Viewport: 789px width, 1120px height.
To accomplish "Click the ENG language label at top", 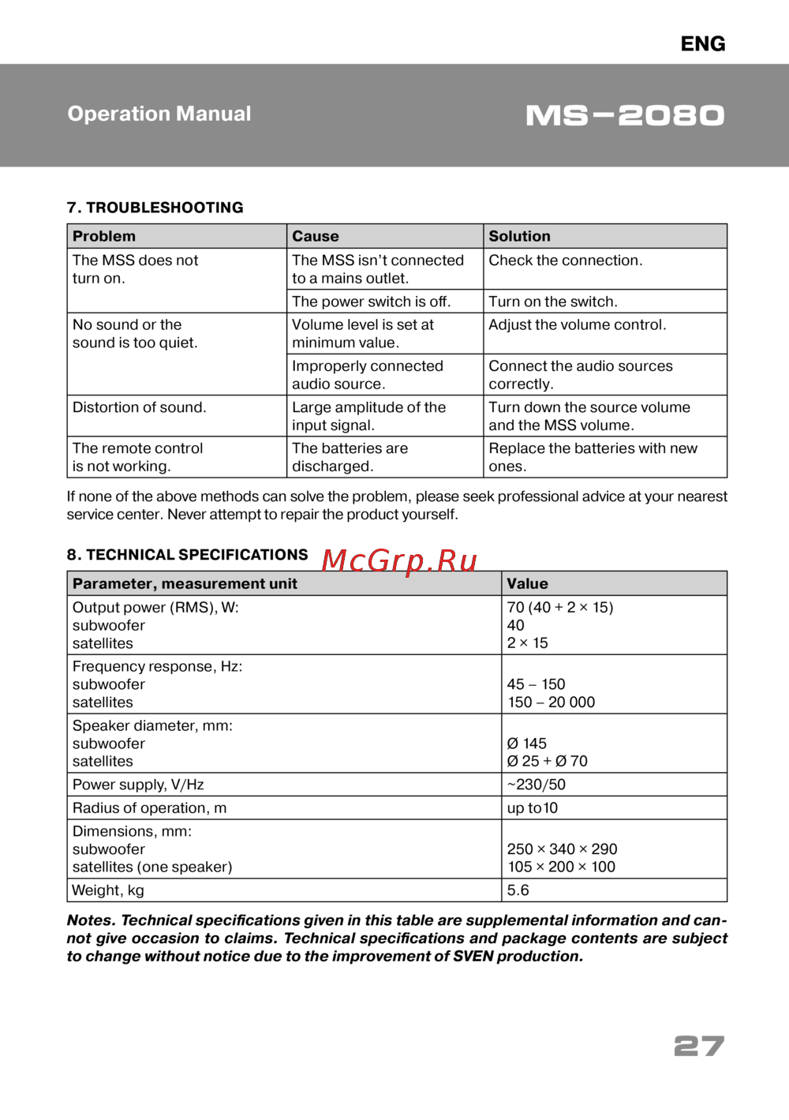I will (x=702, y=44).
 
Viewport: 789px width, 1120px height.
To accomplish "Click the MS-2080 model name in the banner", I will (x=625, y=115).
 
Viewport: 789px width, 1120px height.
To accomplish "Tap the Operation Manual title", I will (x=159, y=114).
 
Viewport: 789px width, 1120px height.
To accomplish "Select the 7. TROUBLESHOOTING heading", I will (x=155, y=208).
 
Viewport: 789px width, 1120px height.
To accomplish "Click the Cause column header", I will (x=316, y=236).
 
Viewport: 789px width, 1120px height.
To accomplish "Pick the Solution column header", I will (x=519, y=236).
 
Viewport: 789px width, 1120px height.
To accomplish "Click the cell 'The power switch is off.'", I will (x=371, y=302).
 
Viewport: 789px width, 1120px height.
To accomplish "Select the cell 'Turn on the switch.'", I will (x=553, y=302).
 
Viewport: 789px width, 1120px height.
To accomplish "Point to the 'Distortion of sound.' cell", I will (x=139, y=407).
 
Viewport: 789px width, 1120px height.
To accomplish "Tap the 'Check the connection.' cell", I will (x=565, y=260).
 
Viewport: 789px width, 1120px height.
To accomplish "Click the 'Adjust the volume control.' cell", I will (x=577, y=324).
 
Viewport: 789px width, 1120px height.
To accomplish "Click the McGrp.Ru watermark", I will (x=399, y=560).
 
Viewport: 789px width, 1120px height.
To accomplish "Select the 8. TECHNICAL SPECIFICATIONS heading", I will (x=187, y=555).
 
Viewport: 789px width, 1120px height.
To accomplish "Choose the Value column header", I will (x=527, y=584).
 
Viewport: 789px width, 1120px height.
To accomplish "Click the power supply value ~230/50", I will (x=536, y=785).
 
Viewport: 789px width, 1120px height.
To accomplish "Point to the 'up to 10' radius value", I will (x=532, y=808).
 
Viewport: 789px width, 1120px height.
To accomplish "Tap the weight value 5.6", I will (x=518, y=890).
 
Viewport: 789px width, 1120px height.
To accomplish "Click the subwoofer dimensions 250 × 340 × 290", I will (x=562, y=849).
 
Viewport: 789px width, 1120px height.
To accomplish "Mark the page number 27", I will (x=698, y=1047).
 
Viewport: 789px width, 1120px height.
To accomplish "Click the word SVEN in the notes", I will (x=473, y=957).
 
